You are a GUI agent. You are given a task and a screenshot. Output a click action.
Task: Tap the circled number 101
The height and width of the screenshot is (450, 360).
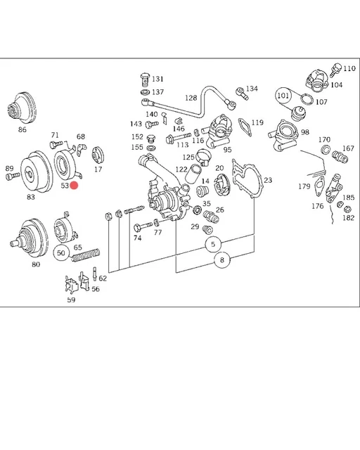[x=283, y=95]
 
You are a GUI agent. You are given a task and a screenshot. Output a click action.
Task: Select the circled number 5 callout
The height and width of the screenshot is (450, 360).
[x=214, y=245]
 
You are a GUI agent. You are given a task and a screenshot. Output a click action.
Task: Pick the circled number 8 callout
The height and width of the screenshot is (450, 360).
[x=222, y=260]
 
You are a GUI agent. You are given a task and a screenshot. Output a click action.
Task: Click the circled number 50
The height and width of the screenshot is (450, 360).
[x=62, y=252]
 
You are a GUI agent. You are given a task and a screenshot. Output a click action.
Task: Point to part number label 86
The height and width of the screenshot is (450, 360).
[x=22, y=130]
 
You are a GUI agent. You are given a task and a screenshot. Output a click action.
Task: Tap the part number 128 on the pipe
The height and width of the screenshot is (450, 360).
[x=191, y=98]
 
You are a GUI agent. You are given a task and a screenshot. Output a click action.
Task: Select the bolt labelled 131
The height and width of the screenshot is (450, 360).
[x=144, y=78]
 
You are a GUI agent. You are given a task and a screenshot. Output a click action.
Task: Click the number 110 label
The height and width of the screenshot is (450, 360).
[x=349, y=68]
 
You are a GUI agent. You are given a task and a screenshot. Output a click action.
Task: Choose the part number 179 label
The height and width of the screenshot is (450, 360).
[x=304, y=186]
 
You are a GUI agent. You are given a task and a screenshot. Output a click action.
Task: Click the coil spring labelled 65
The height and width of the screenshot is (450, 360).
[x=86, y=257]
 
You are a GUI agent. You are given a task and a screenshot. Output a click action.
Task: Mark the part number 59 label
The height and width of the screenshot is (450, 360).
[x=71, y=300]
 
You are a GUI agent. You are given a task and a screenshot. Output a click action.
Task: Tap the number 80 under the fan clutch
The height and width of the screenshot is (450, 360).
[x=35, y=265]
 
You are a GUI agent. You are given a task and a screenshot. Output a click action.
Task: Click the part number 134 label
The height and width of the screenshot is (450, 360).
[x=252, y=89]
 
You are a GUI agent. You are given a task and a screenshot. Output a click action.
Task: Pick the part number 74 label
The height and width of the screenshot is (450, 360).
[x=137, y=238]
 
